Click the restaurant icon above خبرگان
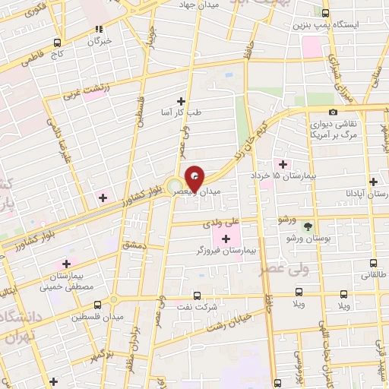[98, 29]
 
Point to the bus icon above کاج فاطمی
[58, 43]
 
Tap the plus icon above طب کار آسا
[181, 100]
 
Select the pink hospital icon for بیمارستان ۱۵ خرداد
[283, 164]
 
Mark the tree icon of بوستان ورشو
[308, 226]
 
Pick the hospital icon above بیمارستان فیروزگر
[226, 239]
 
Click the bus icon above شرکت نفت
[198, 296]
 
